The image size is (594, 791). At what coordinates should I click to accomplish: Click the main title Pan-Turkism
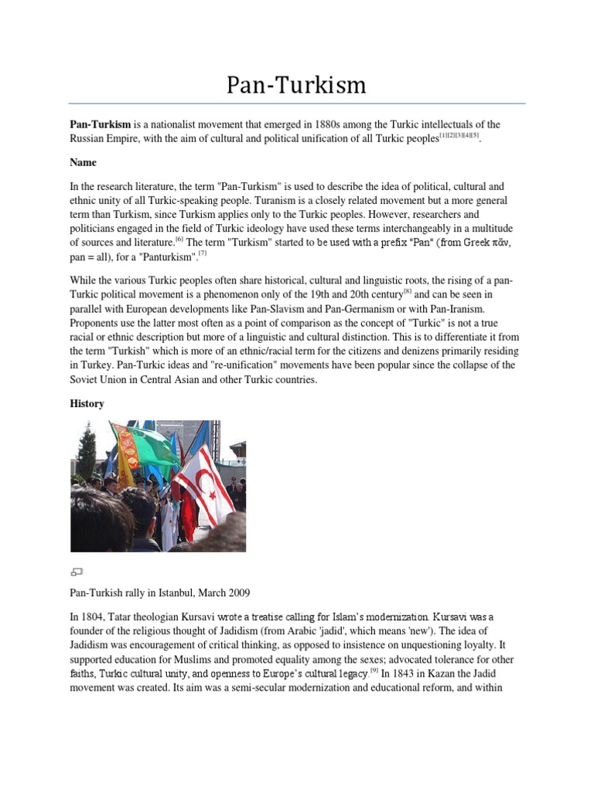tap(296, 84)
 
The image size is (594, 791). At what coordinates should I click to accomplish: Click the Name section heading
tap(83, 163)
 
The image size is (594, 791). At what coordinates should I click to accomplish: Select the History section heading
tap(87, 404)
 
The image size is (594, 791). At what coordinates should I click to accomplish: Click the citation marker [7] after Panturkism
tap(203, 253)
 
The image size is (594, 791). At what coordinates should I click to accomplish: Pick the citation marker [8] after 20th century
tap(408, 291)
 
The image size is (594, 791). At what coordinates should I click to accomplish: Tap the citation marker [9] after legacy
tap(374, 670)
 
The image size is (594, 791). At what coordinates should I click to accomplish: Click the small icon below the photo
tap(76, 572)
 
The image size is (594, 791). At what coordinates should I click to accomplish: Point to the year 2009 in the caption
tap(238, 592)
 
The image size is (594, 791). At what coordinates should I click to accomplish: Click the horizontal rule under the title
tap(296, 103)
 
